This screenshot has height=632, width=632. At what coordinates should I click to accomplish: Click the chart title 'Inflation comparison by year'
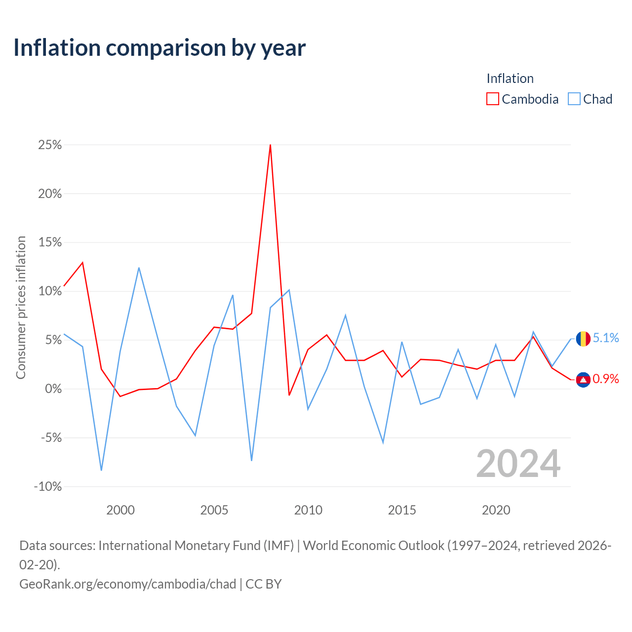coord(159,48)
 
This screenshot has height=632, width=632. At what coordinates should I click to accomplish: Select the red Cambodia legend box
coord(492,99)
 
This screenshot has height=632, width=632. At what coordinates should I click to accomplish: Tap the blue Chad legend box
coord(574,99)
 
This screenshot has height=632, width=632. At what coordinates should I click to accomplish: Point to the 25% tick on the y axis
coord(50,145)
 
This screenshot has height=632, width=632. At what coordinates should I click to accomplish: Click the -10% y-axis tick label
coord(48,486)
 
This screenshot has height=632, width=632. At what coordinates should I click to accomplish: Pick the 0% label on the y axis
coord(53,389)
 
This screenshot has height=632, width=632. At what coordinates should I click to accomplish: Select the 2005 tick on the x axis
coord(214,510)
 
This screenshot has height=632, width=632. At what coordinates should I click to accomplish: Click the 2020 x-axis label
coord(496,510)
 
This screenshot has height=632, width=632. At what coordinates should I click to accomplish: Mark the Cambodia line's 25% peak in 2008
coord(270,145)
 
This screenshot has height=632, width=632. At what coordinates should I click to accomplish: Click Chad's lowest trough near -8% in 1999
coord(101,471)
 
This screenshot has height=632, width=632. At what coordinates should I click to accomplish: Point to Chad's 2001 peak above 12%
coord(139,268)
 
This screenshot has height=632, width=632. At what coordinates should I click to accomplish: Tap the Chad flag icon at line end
coord(583,339)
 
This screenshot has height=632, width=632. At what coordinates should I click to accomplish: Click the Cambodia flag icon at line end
coord(583,380)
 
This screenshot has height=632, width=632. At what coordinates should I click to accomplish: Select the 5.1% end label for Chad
coord(606,338)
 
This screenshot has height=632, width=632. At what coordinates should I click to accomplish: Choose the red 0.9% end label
coord(606,379)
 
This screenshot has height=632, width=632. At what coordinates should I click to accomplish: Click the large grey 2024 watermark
coord(518,464)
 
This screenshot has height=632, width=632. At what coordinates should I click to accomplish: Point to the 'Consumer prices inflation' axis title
coord(21,308)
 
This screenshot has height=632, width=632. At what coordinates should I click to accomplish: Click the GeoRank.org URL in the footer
coord(127,584)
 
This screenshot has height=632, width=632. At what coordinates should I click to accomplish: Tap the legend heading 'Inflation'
coord(510,79)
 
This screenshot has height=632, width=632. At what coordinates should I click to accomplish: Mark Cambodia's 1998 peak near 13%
coord(82,262)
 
